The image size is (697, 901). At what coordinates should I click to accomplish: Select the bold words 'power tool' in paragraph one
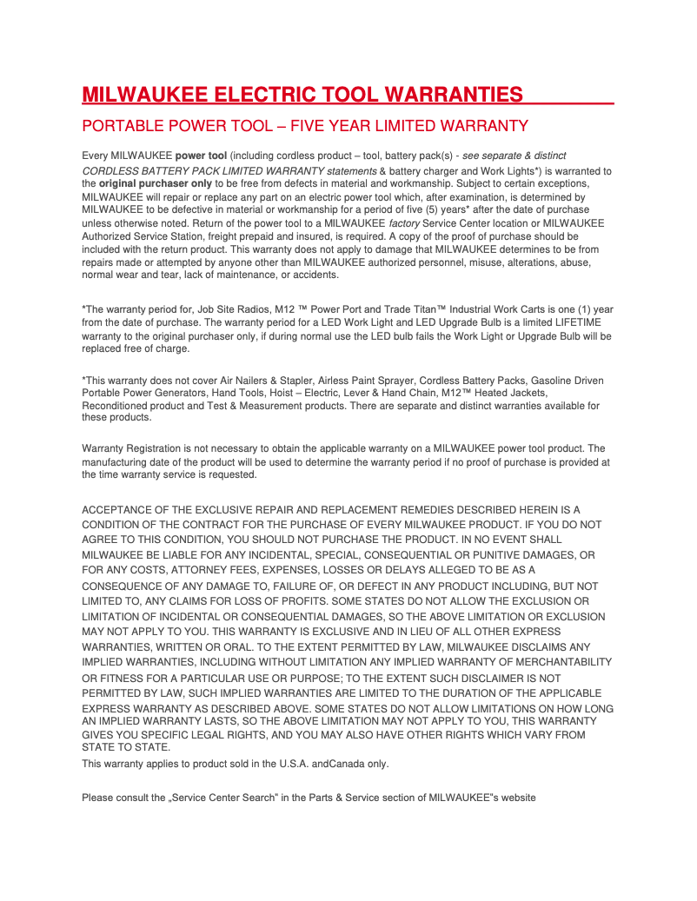click(x=202, y=156)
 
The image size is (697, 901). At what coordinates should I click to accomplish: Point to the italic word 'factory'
click(x=404, y=223)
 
